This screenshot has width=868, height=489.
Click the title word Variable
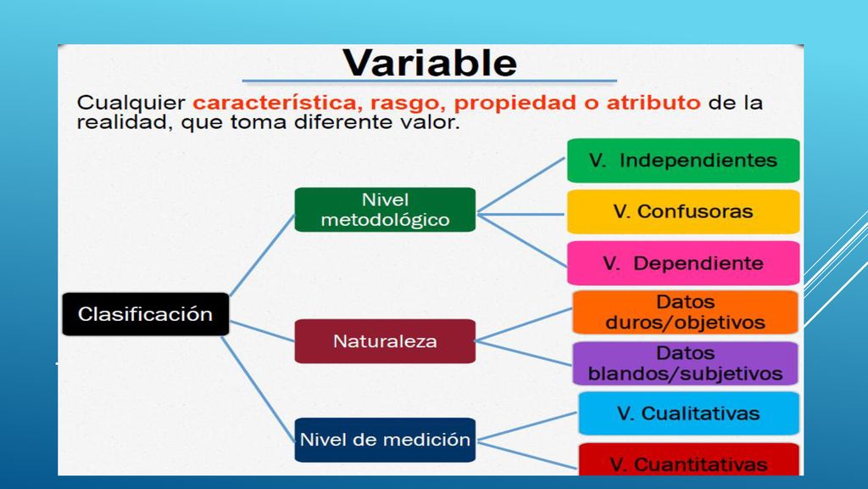(430, 62)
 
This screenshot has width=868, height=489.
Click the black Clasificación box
(146, 314)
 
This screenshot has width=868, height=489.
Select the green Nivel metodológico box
(385, 210)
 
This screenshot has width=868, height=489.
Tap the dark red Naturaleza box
(385, 341)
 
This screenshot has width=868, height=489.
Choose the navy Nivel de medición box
(385, 440)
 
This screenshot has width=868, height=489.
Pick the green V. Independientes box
(683, 160)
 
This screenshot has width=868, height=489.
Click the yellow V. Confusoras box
(683, 211)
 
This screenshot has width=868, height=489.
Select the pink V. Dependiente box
(683, 263)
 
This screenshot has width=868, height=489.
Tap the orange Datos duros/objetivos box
(685, 312)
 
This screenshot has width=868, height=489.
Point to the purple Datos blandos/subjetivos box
(685, 363)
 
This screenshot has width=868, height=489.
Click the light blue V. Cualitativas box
(688, 413)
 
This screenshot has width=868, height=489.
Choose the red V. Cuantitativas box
(688, 459)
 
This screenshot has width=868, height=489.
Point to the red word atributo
(654, 103)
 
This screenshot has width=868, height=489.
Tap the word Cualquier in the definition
(131, 103)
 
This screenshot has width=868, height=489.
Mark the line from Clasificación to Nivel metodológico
(262, 255)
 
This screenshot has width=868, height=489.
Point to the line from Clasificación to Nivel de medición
(258, 389)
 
